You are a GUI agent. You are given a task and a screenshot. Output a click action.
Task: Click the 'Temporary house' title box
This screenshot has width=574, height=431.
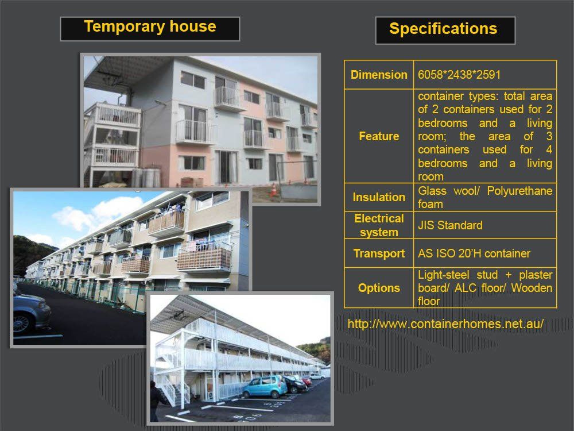150,29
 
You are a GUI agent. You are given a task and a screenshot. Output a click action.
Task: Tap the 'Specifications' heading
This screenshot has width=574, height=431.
445,30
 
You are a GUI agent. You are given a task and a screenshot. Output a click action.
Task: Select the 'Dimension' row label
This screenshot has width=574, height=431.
379,75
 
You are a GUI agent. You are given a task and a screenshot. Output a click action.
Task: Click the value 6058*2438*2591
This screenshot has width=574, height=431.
459,75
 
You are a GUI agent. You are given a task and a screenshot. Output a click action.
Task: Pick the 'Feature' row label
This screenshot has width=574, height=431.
379,136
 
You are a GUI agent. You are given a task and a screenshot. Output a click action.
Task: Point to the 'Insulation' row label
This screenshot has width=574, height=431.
379,197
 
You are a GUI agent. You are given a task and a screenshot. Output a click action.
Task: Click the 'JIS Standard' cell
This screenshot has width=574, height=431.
450,225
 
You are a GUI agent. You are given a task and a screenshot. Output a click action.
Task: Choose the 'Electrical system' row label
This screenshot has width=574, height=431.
379,225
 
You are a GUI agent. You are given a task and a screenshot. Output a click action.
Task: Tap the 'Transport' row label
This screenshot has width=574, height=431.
379,253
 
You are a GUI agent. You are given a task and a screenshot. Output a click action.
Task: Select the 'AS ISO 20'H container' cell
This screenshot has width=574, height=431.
474,253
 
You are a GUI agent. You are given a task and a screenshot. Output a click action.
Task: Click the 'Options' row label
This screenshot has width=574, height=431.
379,288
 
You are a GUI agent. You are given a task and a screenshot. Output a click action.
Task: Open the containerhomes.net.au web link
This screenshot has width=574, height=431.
445,324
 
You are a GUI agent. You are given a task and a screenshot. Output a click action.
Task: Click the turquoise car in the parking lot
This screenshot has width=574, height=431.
265,387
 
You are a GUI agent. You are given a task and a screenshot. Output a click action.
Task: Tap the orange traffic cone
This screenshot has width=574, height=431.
273,190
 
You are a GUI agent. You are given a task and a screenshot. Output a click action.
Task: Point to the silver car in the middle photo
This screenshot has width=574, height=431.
32,311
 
